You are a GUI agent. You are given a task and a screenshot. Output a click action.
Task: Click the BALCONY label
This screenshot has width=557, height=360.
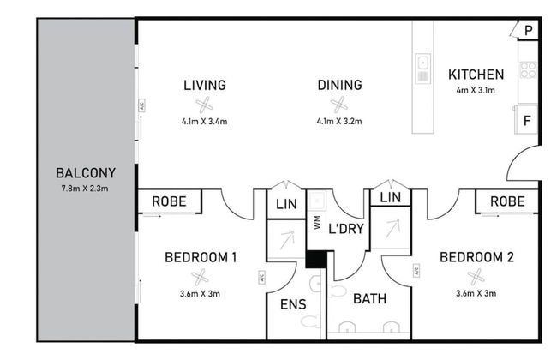click(86, 173)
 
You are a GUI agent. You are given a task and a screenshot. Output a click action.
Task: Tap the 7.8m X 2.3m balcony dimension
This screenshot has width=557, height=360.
click(85, 189)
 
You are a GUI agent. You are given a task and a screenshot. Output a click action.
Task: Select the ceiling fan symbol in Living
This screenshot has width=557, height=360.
click(204, 105)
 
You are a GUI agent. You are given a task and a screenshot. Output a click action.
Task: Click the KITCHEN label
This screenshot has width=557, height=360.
click(476, 75)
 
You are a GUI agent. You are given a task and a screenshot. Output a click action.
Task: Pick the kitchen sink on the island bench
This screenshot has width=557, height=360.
click(423, 69)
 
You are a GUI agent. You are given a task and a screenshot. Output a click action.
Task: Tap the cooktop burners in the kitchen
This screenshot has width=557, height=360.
click(528, 69)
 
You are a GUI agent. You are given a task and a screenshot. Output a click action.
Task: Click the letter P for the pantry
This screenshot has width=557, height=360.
click(529, 31)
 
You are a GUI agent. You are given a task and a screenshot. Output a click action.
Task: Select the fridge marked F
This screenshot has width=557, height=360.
click(527, 121)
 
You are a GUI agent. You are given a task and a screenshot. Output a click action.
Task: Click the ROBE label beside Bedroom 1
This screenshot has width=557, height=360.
click(169, 201)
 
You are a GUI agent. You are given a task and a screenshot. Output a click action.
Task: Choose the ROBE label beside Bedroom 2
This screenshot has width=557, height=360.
click(507, 201)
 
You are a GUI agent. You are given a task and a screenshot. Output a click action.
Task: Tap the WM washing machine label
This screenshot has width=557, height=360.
click(317, 222)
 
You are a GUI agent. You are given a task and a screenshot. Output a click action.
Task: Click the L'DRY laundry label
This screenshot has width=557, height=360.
click(346, 229)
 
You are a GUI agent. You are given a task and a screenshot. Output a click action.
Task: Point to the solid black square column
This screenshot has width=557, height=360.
click(316, 259)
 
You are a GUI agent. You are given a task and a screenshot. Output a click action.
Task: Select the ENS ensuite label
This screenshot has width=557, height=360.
click(293, 304)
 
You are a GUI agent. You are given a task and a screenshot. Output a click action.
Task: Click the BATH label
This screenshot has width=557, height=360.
click(370, 299)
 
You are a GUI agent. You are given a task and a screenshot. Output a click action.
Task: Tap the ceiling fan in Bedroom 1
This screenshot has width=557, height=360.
click(200, 277)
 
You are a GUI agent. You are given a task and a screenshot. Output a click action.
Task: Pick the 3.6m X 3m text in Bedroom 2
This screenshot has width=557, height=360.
click(476, 293)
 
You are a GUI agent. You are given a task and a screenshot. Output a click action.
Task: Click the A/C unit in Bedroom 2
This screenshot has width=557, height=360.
click(416, 271)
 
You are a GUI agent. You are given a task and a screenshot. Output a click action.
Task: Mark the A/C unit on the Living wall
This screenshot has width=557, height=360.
click(141, 105)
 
